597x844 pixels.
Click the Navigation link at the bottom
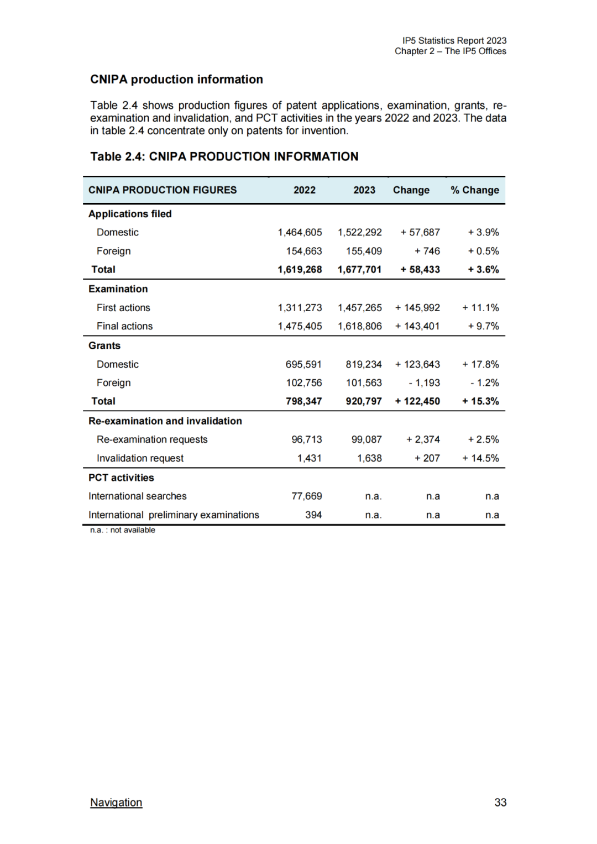(x=116, y=802)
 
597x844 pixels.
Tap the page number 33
(x=500, y=802)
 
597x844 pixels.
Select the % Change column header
(x=474, y=190)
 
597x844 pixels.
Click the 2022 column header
(x=304, y=190)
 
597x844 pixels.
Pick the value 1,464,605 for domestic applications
(x=300, y=233)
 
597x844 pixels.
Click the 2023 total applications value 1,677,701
(x=359, y=270)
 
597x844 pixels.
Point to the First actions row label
(x=123, y=308)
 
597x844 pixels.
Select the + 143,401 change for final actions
(x=417, y=326)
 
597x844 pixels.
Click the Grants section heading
(x=104, y=345)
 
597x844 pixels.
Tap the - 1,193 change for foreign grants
(x=425, y=382)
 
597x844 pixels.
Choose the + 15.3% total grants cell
(x=480, y=401)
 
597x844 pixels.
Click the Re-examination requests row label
(x=152, y=439)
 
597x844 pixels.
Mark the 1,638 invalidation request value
(x=369, y=458)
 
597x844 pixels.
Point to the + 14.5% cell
(x=480, y=458)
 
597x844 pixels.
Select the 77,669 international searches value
(x=306, y=496)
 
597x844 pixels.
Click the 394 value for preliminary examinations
(x=313, y=515)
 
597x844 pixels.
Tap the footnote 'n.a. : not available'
(x=123, y=530)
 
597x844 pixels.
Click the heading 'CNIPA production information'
(x=176, y=80)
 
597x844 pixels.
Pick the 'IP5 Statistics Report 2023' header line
(x=454, y=41)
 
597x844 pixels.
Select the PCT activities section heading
(x=121, y=478)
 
